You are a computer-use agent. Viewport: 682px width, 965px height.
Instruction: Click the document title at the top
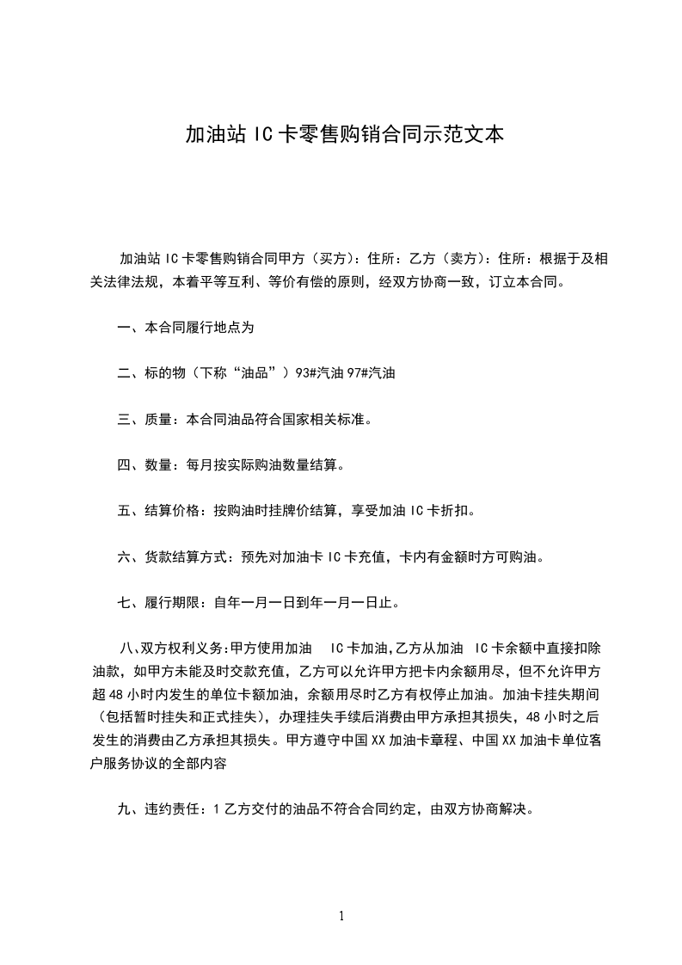click(x=344, y=134)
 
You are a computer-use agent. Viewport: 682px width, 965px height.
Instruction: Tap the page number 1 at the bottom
click(x=341, y=916)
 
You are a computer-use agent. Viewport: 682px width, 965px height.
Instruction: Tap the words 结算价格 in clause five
click(x=173, y=511)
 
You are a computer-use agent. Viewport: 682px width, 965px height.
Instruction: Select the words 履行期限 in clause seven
click(x=173, y=602)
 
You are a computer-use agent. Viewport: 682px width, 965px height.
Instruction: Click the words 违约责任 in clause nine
click(x=173, y=808)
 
